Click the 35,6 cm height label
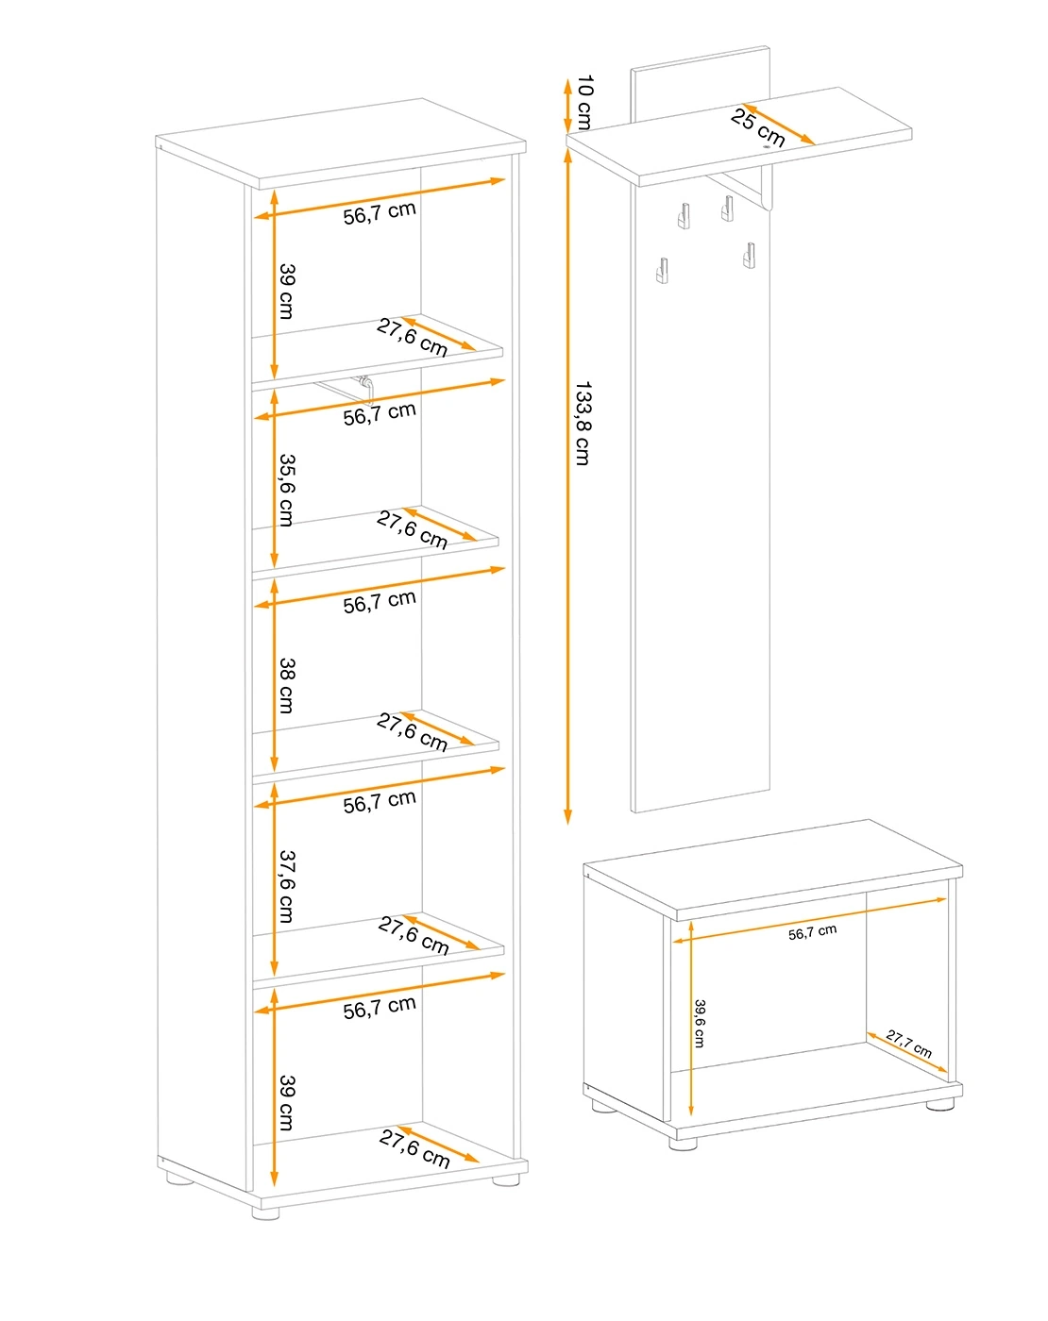287,490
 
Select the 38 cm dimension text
287,686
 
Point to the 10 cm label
584,103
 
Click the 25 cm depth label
757,127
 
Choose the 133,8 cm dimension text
583,424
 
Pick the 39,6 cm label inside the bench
699,1023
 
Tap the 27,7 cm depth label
908,1044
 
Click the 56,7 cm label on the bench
812,932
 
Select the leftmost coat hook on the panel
662,270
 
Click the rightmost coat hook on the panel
748,256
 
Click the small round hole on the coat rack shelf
766,147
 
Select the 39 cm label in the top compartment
287,291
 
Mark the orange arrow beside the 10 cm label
568,106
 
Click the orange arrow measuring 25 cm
778,124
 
